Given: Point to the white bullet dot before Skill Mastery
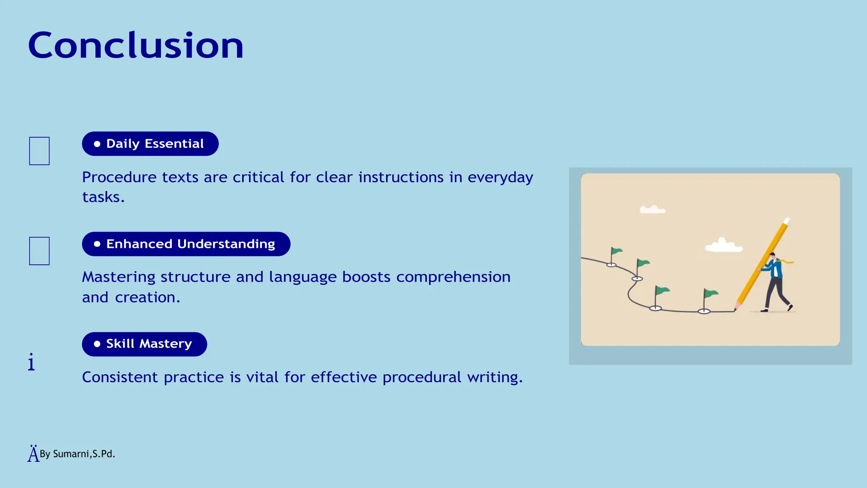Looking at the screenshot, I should point(97,344).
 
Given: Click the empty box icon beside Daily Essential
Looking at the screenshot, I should point(39,151).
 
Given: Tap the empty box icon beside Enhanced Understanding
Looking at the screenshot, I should point(39,251).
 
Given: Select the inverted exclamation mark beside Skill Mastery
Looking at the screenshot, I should point(31,362).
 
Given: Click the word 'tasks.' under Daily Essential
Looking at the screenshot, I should point(103,197).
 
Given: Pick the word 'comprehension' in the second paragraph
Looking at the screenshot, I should point(453,277).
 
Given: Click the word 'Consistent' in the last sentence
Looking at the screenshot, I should point(120,377).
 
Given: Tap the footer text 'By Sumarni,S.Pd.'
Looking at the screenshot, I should point(77,454).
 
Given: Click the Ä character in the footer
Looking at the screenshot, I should point(33,454).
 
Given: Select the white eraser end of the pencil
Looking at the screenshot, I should point(787,221).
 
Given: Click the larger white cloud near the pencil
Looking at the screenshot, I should point(723,246).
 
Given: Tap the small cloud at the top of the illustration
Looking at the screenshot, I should point(652,209).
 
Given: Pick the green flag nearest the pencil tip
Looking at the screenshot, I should point(710,293).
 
